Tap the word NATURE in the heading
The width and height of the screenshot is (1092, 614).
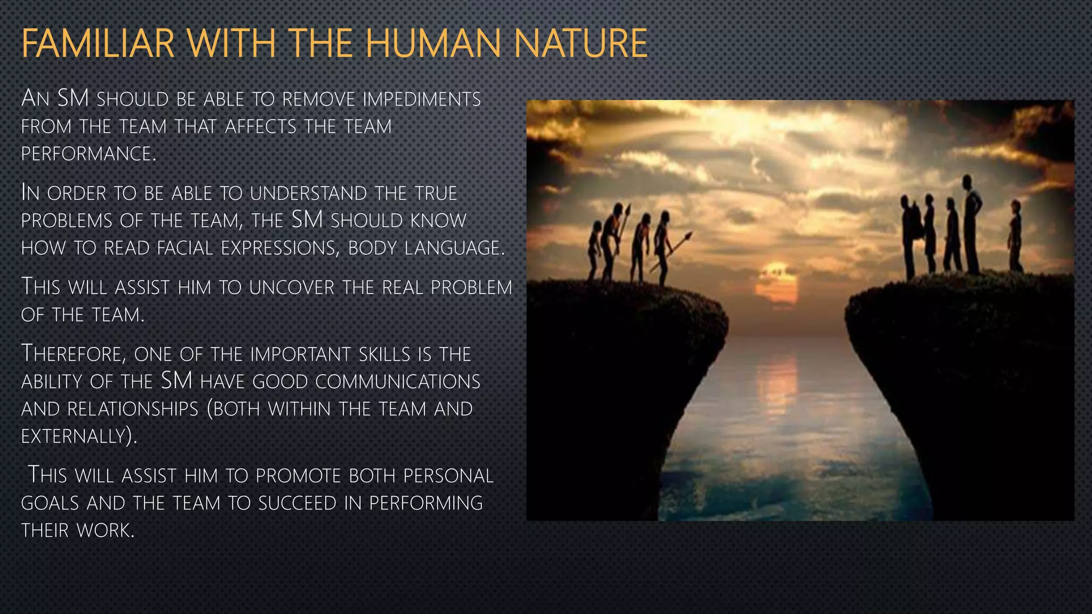(581, 44)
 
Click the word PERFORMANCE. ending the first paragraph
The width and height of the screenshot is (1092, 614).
(89, 154)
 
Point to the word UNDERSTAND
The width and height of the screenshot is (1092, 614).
(309, 193)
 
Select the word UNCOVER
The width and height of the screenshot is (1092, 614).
(293, 288)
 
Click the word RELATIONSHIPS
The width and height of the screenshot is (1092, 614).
(133, 409)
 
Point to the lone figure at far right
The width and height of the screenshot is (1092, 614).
(1015, 235)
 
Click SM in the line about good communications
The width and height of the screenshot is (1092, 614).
(176, 381)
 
